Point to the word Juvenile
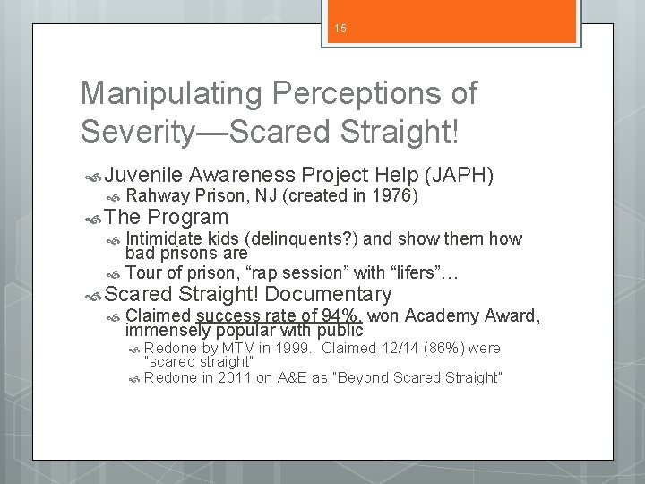(x=144, y=177)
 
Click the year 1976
(x=398, y=196)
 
